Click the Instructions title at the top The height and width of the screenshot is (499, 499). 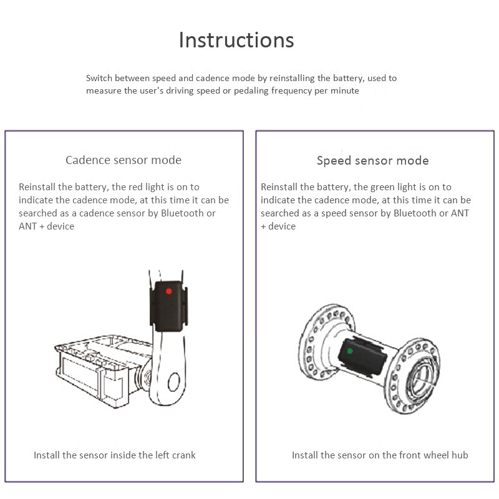pos(236,40)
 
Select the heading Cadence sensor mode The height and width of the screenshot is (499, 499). pos(124,160)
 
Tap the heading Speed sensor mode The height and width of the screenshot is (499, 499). pos(372,160)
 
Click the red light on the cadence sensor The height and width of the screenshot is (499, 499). pos(168,291)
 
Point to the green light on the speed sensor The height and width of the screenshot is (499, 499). pos(350,351)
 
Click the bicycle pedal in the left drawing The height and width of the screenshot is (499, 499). pos(100,368)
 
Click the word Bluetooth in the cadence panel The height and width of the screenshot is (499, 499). pos(182,213)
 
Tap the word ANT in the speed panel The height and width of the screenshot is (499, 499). pos(460,213)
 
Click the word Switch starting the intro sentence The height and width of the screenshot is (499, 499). pos(99,79)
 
